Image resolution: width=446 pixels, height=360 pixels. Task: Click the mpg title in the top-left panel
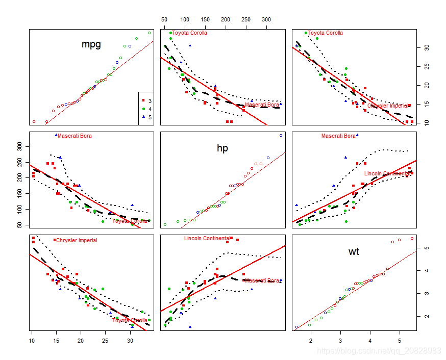(91, 44)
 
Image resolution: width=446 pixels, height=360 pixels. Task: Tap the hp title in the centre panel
(222, 148)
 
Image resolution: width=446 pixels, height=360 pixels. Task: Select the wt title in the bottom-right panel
(354, 251)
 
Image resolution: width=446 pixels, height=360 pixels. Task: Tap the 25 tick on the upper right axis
(427, 66)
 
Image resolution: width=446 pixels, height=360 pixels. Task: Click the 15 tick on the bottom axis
(56, 340)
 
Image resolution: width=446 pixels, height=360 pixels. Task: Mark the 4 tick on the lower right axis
(427, 271)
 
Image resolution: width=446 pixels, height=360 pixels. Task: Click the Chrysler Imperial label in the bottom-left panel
(76, 240)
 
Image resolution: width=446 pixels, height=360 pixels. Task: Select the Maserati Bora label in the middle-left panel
(75, 136)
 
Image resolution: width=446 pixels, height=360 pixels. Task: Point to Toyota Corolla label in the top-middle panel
(189, 33)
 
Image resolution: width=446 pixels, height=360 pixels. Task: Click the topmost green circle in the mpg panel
(150, 33)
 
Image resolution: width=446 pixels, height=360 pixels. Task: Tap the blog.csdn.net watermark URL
(379, 351)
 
